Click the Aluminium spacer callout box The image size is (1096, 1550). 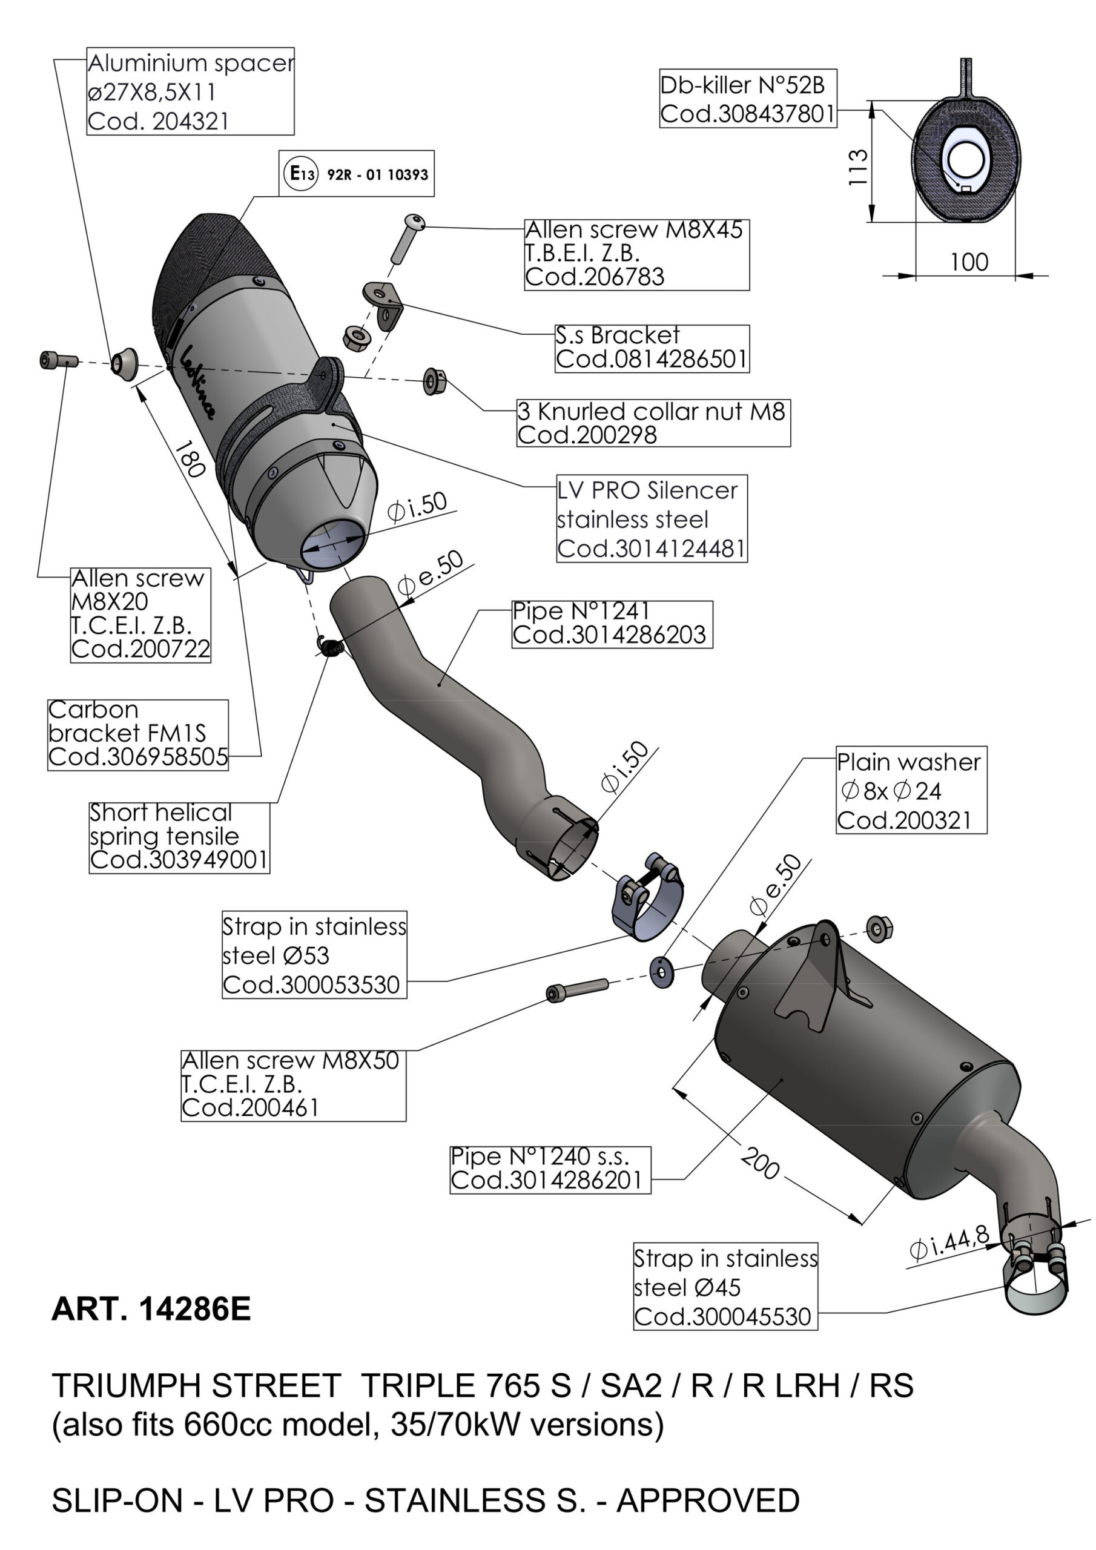[x=190, y=91]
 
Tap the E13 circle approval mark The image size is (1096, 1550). [x=300, y=174]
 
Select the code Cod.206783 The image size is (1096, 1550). [x=595, y=277]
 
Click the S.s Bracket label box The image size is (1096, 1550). [x=652, y=348]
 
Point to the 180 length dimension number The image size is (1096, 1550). [x=190, y=459]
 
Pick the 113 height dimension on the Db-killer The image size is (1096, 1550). [x=857, y=168]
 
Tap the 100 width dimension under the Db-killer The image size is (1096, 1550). [x=968, y=262]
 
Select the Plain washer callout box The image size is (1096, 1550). [x=910, y=790]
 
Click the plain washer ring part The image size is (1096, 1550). [x=661, y=971]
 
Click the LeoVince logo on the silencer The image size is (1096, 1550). [x=198, y=381]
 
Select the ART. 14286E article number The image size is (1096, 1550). [x=151, y=1310]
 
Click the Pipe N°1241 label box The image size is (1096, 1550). [x=611, y=624]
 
